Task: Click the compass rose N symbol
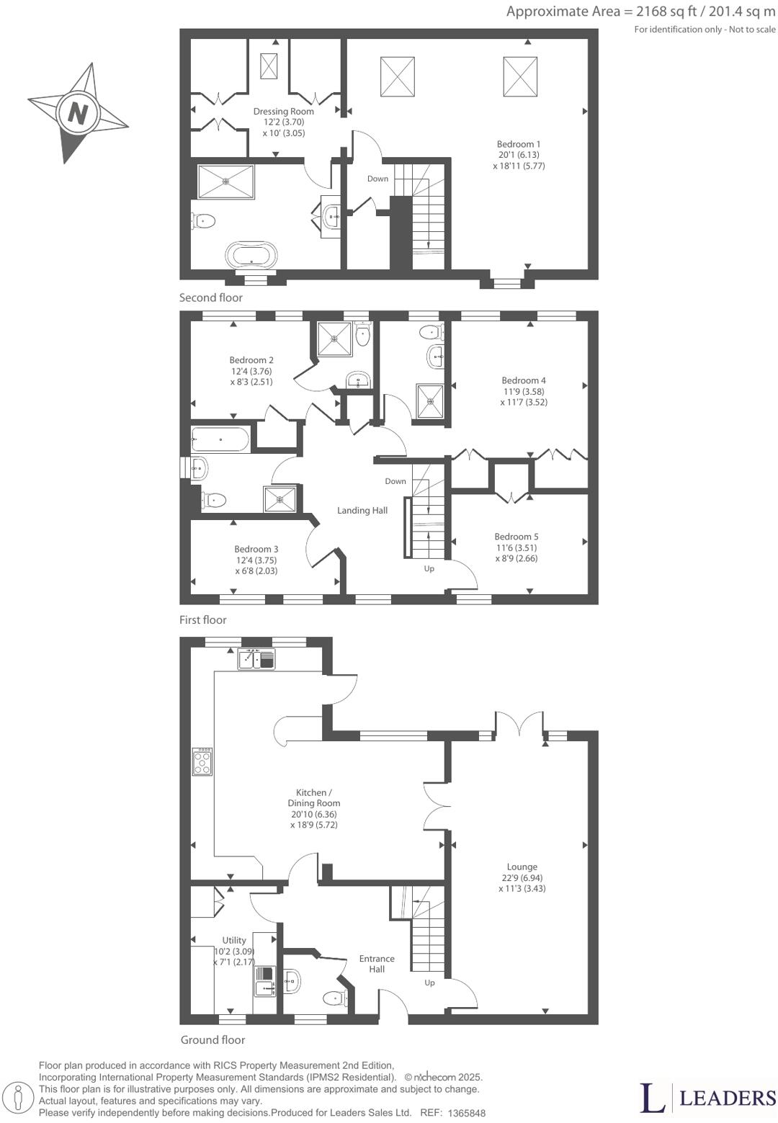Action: tap(77, 114)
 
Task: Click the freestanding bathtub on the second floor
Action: tap(251, 255)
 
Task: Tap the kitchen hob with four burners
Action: tap(203, 761)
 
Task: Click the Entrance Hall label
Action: tap(377, 964)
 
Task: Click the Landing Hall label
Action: tap(362, 511)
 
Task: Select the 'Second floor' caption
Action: tap(211, 297)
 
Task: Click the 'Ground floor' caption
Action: tap(213, 1039)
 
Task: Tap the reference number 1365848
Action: tap(466, 1113)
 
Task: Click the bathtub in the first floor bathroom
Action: tap(220, 438)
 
